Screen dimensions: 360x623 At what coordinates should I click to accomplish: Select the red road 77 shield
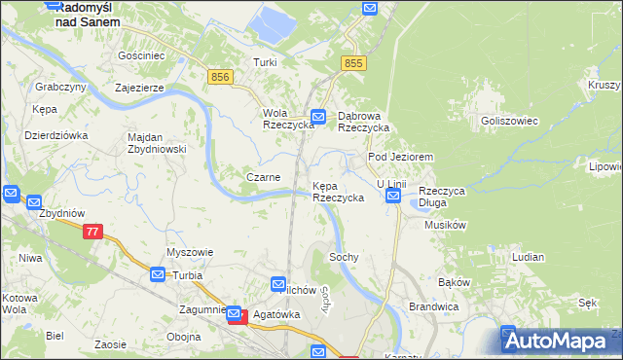point(92,232)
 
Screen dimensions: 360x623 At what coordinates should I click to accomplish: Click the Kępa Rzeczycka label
point(338,191)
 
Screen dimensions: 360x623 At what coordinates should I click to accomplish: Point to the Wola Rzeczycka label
point(288,119)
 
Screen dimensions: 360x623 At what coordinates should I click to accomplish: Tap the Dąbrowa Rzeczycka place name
point(363,121)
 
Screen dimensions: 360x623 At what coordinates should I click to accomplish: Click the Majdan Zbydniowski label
point(157,143)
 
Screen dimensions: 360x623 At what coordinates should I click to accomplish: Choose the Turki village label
point(266,62)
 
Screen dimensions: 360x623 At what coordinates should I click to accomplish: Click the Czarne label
point(263,177)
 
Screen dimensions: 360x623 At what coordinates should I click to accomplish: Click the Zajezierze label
point(145,87)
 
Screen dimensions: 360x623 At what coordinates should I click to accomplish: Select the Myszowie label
point(189,252)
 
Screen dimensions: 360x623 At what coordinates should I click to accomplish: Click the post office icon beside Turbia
point(158,275)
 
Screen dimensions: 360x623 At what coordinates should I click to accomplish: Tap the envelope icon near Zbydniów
point(11,194)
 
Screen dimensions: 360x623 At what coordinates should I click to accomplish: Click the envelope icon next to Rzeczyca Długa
point(393,197)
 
